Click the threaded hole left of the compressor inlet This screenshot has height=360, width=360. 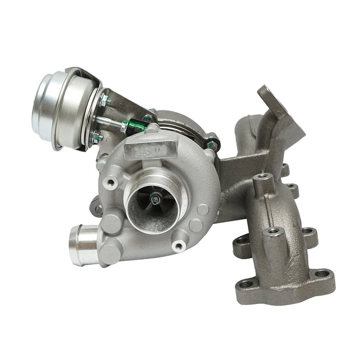110,183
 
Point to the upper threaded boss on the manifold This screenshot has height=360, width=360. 263,177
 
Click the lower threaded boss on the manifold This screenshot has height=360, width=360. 273,231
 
